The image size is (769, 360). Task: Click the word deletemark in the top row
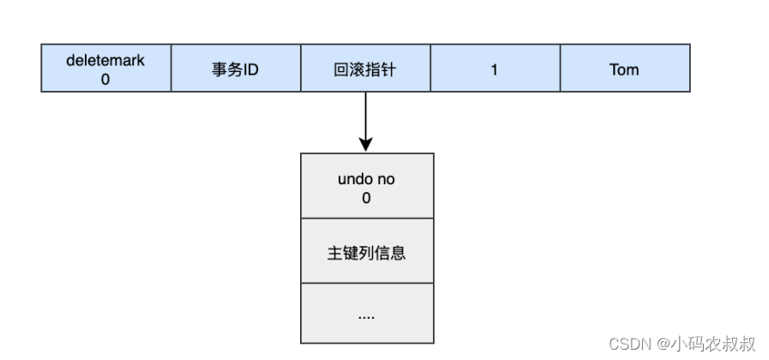click(x=106, y=61)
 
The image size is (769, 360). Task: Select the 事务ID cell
click(x=236, y=69)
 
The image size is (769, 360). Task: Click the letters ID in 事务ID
click(x=249, y=69)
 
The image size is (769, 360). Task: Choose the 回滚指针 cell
click(x=365, y=69)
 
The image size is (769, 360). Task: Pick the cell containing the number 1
click(x=495, y=69)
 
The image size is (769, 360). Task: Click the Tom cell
click(x=624, y=69)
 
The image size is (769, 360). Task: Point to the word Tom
click(x=624, y=69)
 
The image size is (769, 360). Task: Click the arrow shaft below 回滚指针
click(x=366, y=116)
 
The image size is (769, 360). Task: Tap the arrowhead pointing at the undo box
click(x=366, y=143)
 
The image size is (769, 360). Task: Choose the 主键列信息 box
click(x=367, y=254)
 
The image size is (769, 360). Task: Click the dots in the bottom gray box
click(x=367, y=315)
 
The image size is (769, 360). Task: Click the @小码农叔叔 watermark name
click(x=706, y=344)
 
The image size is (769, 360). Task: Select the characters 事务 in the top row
click(x=225, y=69)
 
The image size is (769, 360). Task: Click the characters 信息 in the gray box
click(x=390, y=254)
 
